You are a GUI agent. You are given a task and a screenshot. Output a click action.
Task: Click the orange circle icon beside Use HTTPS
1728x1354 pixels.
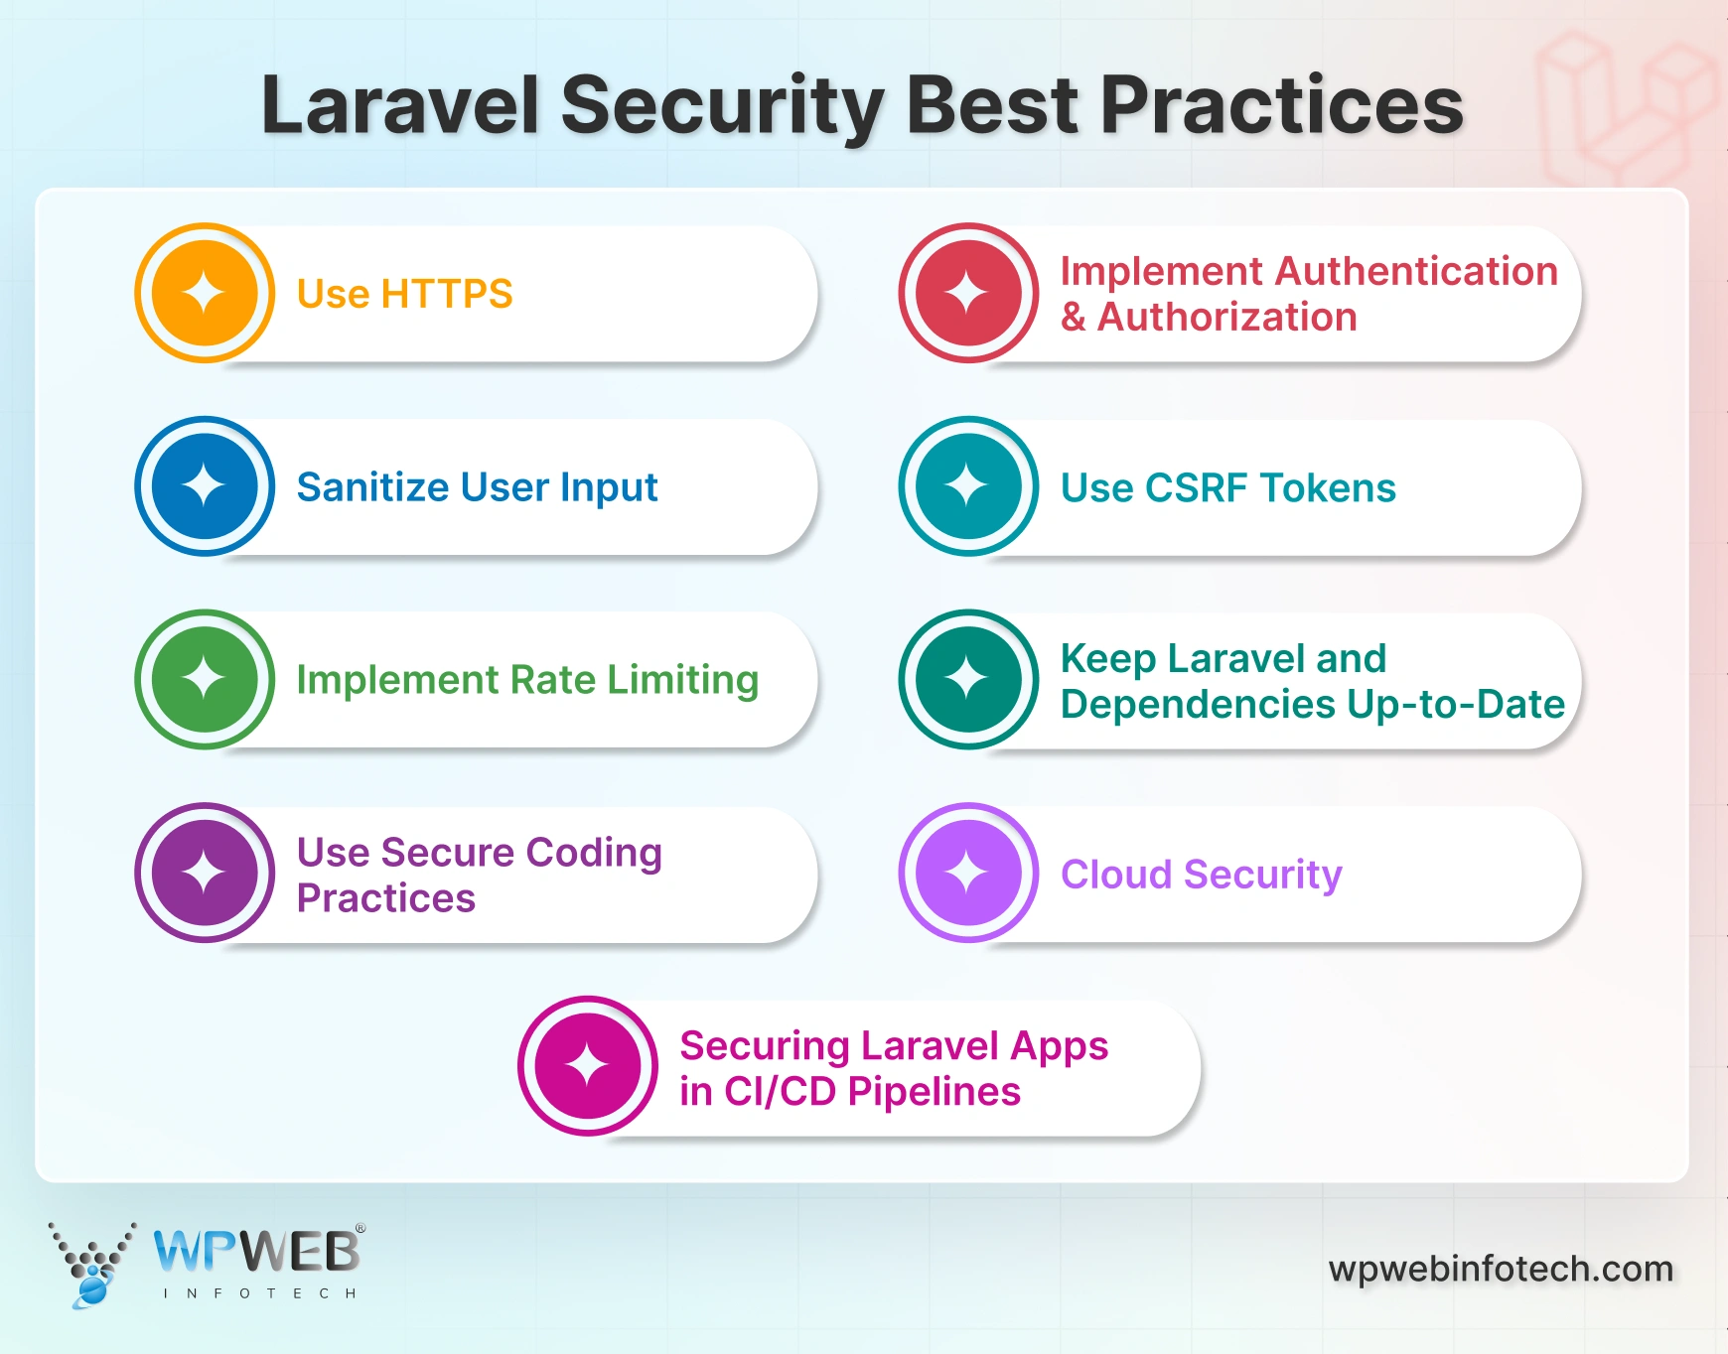pyautogui.click(x=205, y=293)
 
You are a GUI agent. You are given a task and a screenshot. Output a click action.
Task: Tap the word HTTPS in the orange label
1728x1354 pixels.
pyautogui.click(x=446, y=294)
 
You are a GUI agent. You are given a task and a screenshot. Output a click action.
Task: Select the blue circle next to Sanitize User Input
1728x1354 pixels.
pyautogui.click(x=205, y=486)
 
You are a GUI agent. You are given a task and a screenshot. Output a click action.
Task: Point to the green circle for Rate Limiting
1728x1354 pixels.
pyautogui.click(x=205, y=679)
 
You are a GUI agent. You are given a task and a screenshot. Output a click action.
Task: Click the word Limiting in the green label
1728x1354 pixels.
pyautogui.click(x=682, y=680)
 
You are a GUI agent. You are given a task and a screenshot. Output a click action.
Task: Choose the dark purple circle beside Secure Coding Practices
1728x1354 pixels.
pyautogui.click(x=205, y=873)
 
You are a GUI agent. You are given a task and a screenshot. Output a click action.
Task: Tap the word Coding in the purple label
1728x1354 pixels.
pyautogui.click(x=593, y=853)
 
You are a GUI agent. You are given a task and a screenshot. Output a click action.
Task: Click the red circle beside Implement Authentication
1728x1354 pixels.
pyautogui.click(x=968, y=293)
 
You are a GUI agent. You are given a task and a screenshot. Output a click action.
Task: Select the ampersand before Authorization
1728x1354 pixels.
pyautogui.click(x=1073, y=318)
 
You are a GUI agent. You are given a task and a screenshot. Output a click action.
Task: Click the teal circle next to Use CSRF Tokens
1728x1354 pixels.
pyautogui.click(x=968, y=486)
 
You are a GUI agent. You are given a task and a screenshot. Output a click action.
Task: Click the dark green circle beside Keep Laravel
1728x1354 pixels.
pyautogui.click(x=968, y=679)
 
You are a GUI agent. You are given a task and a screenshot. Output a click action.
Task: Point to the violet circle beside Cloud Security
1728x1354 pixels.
pyautogui.click(x=968, y=873)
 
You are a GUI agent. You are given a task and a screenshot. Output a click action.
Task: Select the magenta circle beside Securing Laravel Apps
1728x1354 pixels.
pyautogui.click(x=587, y=1066)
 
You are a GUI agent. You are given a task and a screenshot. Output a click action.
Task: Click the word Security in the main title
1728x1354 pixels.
pyautogui.click(x=722, y=105)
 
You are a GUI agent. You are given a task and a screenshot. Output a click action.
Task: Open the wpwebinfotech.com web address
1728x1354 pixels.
pyautogui.click(x=1501, y=1269)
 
